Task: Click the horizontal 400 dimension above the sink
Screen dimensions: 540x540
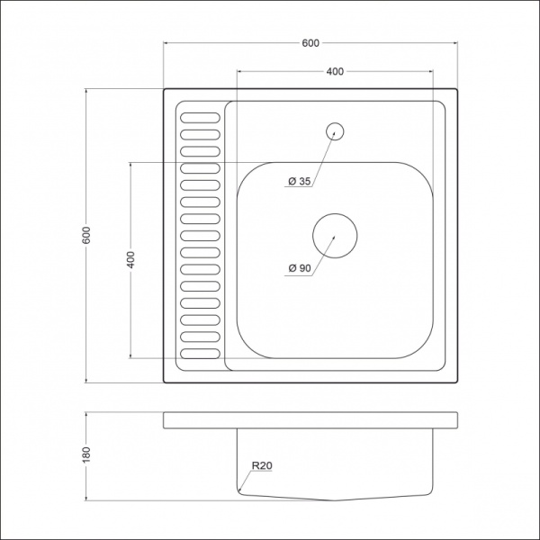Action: (334, 70)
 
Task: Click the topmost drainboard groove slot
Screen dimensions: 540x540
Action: (199, 116)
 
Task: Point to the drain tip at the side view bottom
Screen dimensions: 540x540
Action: (334, 500)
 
